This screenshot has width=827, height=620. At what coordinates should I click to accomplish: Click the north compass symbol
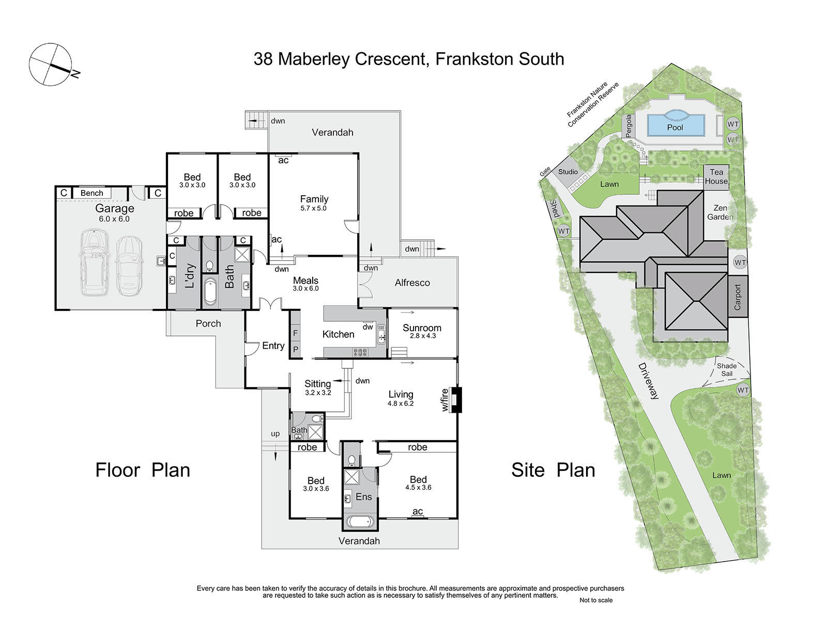[50, 65]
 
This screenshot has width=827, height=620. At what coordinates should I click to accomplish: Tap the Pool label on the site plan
[675, 128]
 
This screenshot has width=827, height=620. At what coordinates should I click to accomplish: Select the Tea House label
[716, 177]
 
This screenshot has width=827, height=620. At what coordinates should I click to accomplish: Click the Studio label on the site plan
[568, 172]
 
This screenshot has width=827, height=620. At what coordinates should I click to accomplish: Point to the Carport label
[738, 297]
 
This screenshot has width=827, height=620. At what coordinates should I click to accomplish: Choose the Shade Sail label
[726, 369]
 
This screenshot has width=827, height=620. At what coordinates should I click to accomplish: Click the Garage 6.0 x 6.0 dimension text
[114, 219]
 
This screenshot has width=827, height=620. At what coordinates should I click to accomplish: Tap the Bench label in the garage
[91, 193]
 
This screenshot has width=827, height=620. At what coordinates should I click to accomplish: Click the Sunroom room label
[422, 328]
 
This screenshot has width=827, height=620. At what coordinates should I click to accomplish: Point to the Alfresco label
[412, 283]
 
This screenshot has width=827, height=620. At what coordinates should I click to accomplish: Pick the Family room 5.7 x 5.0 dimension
[313, 208]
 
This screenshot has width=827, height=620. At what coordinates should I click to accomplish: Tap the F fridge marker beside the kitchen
[295, 333]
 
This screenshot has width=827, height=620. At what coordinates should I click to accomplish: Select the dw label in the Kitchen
[367, 327]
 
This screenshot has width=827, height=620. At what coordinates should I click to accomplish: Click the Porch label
[208, 323]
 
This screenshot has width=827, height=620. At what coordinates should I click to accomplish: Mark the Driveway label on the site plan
[648, 381]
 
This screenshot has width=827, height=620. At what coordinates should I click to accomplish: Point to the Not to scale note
[595, 600]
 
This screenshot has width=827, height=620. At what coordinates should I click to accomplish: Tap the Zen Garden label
[720, 212]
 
